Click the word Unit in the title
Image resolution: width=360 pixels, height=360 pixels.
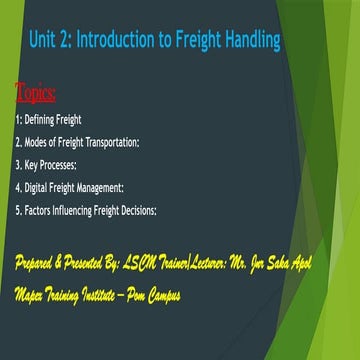(44, 41)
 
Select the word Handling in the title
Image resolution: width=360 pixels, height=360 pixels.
(246, 41)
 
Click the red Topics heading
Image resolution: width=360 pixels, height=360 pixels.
(36, 95)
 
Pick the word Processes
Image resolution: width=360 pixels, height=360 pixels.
(64, 162)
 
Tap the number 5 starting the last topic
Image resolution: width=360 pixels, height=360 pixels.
(18, 209)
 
